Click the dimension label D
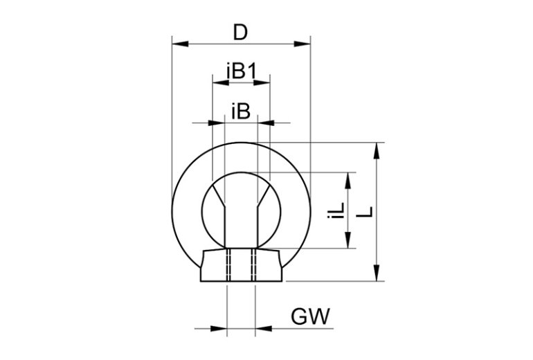[240, 33]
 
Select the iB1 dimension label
[242, 71]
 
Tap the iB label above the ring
[241, 111]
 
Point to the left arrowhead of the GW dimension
[219, 328]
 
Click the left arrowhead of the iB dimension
[218, 123]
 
